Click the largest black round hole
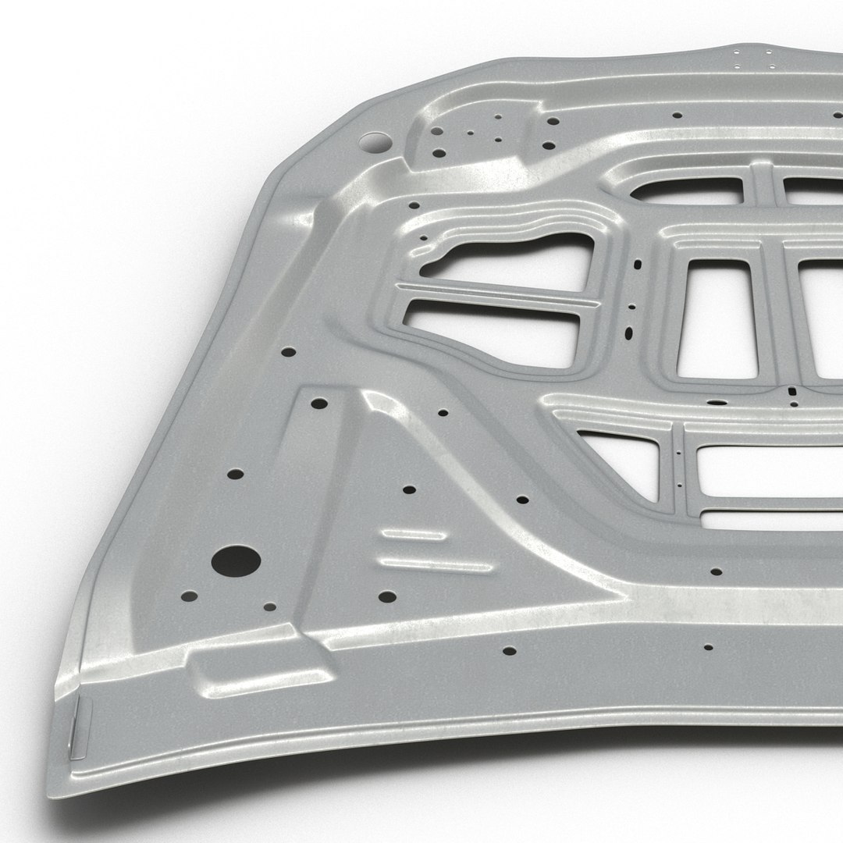pos(236,561)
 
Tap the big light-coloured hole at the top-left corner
pos(375,143)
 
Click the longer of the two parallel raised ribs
pos(434,564)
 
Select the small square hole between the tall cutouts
pos(791,392)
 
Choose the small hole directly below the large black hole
pos(269,606)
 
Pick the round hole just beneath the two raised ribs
pos(387,597)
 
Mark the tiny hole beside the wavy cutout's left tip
pos(423,238)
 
